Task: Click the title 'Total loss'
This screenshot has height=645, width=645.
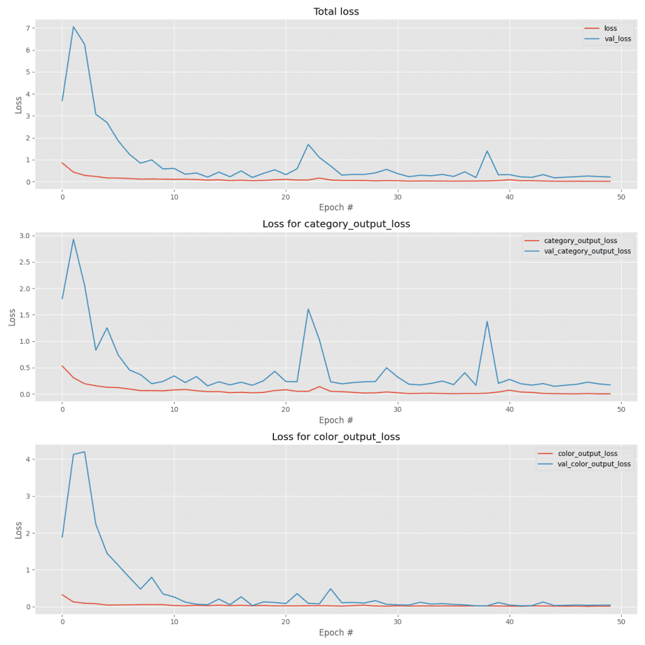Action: pos(336,11)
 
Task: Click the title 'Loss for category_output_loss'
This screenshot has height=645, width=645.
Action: pos(336,224)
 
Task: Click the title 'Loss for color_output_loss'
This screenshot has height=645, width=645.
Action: pos(336,437)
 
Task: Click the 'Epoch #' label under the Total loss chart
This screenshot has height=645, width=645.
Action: pos(336,207)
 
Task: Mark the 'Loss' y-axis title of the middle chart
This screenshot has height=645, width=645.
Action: pos(13,315)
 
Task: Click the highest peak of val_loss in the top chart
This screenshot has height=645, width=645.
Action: pos(73,26)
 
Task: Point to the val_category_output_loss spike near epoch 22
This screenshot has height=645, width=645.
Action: pos(308,309)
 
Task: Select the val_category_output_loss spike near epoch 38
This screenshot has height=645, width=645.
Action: pos(487,321)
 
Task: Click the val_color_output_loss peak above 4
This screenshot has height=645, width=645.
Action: pos(84,452)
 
